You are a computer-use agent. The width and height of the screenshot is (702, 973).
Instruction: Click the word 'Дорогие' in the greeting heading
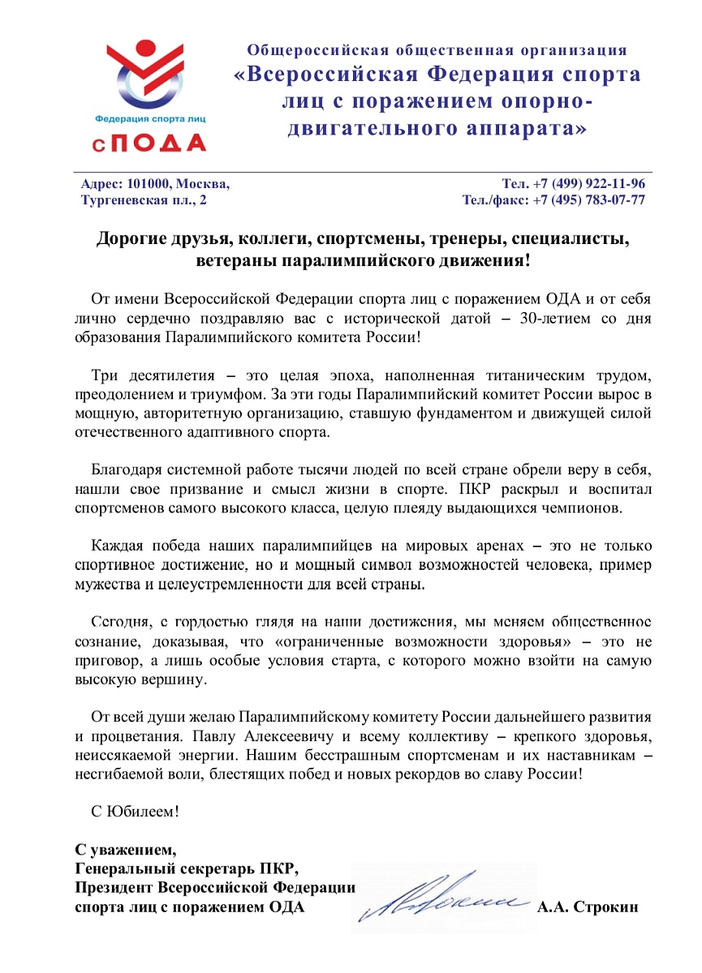point(131,240)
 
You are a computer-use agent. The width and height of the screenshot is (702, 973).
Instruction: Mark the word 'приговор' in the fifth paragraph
point(102,660)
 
